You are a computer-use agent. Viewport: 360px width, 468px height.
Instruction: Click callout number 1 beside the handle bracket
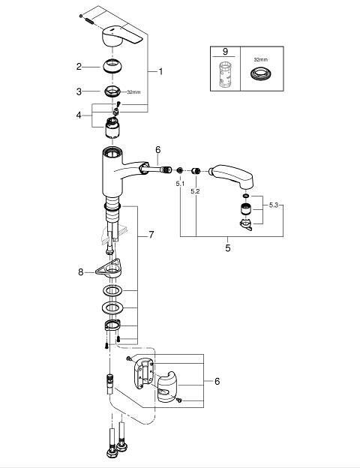(x=160, y=72)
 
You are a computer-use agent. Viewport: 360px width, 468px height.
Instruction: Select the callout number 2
(x=79, y=66)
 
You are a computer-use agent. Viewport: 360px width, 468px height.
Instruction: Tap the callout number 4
(x=79, y=115)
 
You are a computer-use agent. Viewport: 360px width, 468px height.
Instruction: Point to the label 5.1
(x=180, y=184)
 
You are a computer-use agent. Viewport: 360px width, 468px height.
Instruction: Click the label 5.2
(x=195, y=191)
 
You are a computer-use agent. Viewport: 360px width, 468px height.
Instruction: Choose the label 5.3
(x=274, y=205)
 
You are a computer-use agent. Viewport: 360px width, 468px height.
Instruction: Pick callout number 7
(x=151, y=235)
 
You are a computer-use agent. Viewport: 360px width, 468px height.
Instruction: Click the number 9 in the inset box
(x=225, y=52)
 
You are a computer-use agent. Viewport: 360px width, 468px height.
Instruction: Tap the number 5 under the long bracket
(x=228, y=247)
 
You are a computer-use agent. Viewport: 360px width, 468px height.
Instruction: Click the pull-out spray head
(x=232, y=175)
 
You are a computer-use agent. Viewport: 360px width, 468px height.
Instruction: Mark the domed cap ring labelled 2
(x=112, y=66)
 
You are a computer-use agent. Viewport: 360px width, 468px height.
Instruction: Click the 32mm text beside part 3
(x=133, y=92)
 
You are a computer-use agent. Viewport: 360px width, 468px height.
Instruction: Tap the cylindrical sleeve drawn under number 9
(x=225, y=74)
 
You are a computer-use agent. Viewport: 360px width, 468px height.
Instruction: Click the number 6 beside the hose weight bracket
(x=217, y=381)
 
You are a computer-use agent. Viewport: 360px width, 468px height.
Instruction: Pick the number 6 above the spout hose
(x=158, y=149)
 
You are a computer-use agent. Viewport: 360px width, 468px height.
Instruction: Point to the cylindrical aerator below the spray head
(x=245, y=209)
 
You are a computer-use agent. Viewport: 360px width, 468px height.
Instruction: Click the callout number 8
(x=80, y=272)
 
